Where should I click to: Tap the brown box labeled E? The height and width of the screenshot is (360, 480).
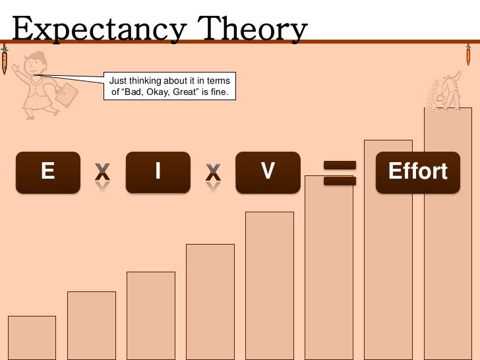(48, 172)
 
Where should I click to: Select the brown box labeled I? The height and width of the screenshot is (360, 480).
(158, 172)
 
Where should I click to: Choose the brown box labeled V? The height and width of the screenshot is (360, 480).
(267, 172)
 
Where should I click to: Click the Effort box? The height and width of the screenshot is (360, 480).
(417, 172)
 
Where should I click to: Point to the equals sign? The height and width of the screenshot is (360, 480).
(340, 173)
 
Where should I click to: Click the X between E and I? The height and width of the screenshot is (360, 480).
(102, 173)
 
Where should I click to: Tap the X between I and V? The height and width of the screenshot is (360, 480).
(212, 173)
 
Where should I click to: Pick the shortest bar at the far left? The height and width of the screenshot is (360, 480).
(32, 337)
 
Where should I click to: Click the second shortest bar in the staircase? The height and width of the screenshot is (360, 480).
(91, 324)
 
